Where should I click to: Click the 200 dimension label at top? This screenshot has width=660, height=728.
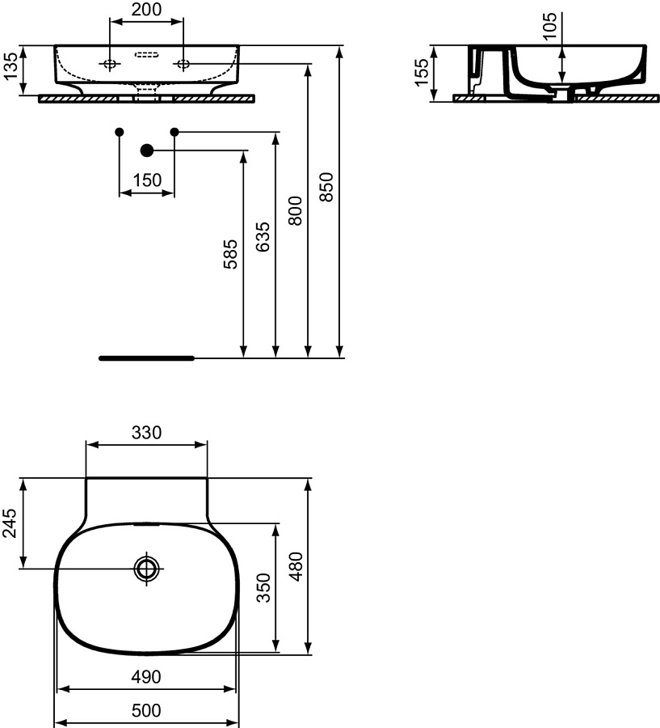[147, 10]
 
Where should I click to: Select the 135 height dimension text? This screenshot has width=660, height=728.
[11, 69]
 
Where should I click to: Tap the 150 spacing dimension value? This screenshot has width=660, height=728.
[146, 180]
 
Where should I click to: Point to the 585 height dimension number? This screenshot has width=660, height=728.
[232, 254]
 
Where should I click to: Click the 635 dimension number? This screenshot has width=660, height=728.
[263, 236]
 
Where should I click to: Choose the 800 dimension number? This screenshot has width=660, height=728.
[296, 210]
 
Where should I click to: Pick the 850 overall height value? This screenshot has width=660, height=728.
[327, 188]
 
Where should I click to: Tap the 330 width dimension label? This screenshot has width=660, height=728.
[147, 433]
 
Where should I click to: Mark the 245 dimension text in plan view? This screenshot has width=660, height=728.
[10, 523]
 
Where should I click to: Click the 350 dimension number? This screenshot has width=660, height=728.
[263, 588]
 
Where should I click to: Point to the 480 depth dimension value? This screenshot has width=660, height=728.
[296, 566]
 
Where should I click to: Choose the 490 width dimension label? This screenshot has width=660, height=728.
[146, 676]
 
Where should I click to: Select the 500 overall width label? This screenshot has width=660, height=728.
[146, 711]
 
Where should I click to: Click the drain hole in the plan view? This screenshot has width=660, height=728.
[146, 568]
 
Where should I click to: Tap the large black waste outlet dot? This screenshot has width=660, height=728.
[146, 150]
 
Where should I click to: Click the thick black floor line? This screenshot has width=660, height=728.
[146, 357]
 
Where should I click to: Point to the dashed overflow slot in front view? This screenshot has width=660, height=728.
[146, 56]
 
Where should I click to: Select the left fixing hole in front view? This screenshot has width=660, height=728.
[109, 64]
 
